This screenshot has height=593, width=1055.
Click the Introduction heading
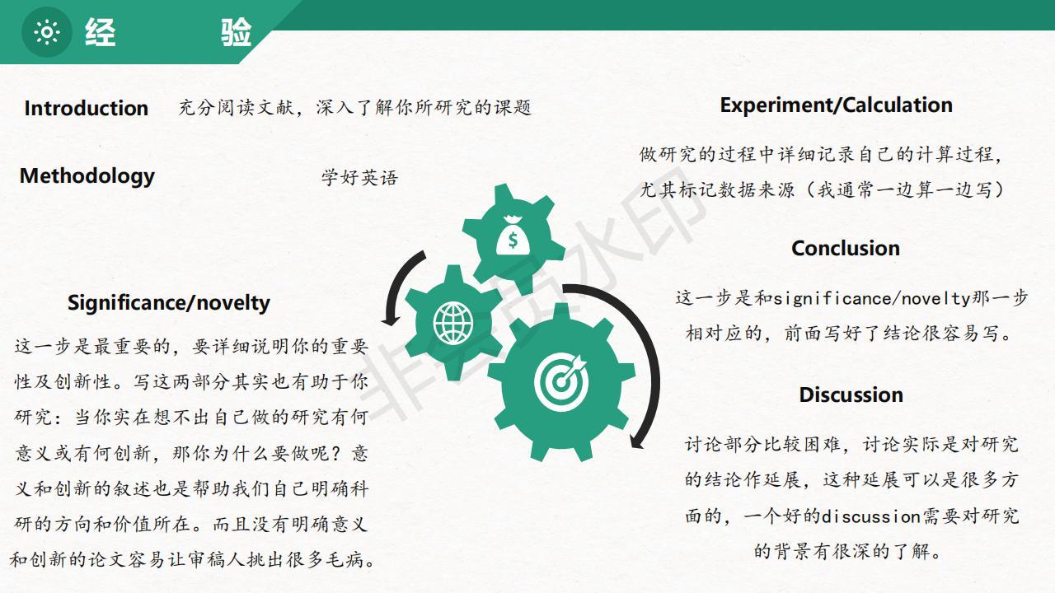pyautogui.click(x=87, y=108)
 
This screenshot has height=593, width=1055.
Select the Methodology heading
pyautogui.click(x=87, y=176)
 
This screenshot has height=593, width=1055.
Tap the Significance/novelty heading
pyautogui.click(x=169, y=302)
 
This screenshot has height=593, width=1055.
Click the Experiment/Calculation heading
pyautogui.click(x=836, y=105)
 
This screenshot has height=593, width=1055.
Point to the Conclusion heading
pyautogui.click(x=846, y=249)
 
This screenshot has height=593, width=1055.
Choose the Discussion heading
pyautogui.click(x=851, y=395)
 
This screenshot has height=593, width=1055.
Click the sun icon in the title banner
pyautogui.click(x=47, y=32)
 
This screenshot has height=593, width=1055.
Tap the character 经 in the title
pyautogui.click(x=101, y=32)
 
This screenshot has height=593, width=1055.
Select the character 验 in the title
pyautogui.click(x=236, y=32)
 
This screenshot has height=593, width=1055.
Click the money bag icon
pyautogui.click(x=513, y=236)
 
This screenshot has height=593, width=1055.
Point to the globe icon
pyautogui.click(x=453, y=323)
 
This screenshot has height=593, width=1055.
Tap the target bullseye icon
pyautogui.click(x=561, y=381)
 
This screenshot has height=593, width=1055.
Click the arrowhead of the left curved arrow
pyautogui.click(x=390, y=320)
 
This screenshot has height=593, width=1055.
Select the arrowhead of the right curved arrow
pyautogui.click(x=637, y=441)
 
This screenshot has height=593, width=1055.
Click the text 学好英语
pyautogui.click(x=359, y=178)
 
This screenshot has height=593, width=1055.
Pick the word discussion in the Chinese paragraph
pyautogui.click(x=871, y=516)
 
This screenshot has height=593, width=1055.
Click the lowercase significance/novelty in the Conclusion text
pyautogui.click(x=872, y=299)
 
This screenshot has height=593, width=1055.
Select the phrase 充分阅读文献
pyautogui.click(x=236, y=108)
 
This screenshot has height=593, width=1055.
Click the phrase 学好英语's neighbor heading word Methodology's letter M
pyautogui.click(x=30, y=175)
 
